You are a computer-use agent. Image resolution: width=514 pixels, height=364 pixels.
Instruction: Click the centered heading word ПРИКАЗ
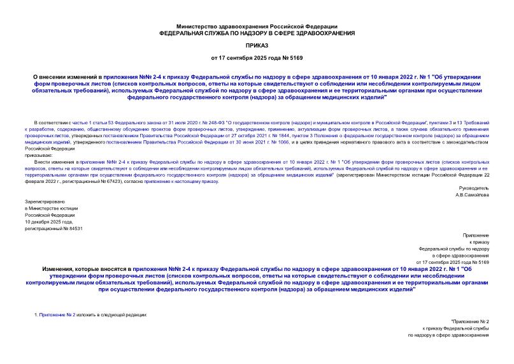coord(257,47)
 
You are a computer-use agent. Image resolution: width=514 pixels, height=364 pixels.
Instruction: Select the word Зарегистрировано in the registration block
coord(43,202)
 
